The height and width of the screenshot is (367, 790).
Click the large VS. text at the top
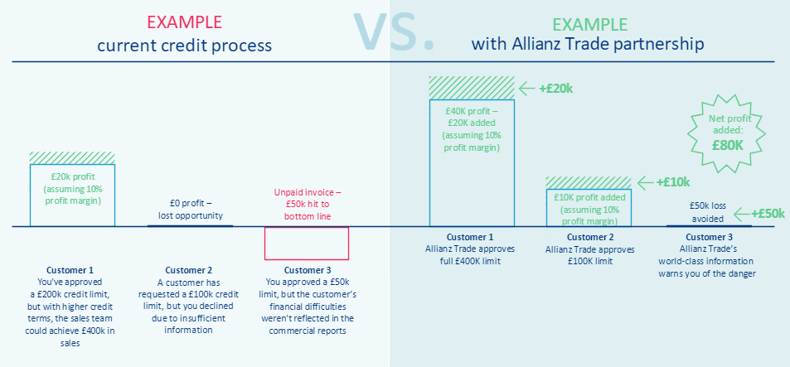(x=394, y=29)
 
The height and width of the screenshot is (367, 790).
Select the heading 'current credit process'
(x=185, y=44)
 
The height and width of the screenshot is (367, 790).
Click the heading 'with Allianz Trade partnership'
(x=588, y=43)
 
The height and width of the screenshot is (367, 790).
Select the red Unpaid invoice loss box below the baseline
(x=306, y=243)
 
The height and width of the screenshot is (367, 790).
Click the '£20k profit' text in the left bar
(x=72, y=177)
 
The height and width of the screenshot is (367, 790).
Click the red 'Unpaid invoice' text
(x=307, y=192)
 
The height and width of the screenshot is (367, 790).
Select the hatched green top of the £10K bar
(x=588, y=182)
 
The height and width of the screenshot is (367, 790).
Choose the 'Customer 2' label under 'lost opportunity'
(x=189, y=270)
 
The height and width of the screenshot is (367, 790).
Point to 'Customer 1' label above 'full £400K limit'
(x=471, y=237)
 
